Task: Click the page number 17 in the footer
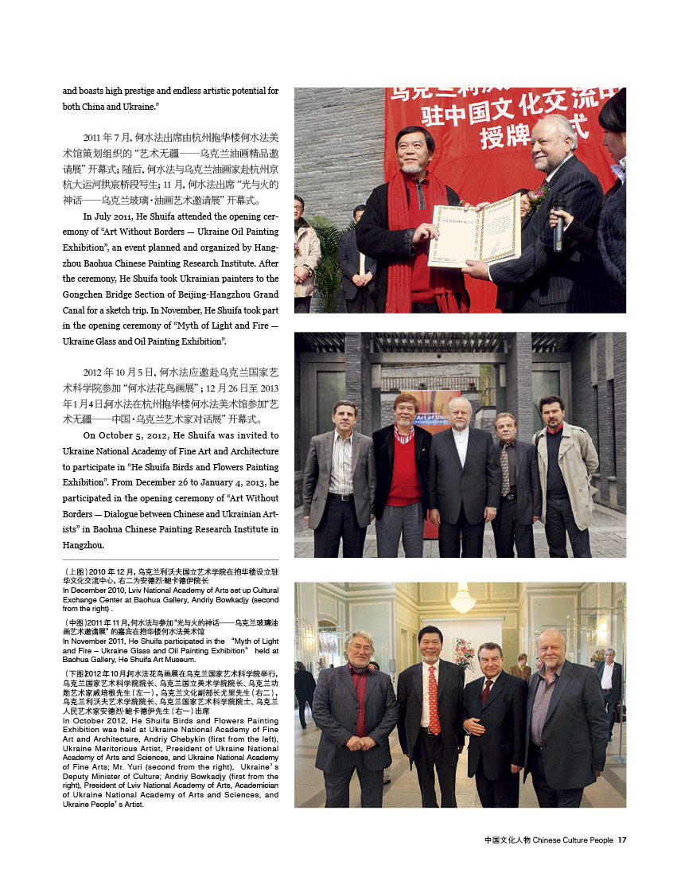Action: [623, 840]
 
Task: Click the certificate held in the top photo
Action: [475, 229]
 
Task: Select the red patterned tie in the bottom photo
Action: [433, 700]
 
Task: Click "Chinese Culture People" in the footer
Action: [573, 840]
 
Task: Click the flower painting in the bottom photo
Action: [464, 653]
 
